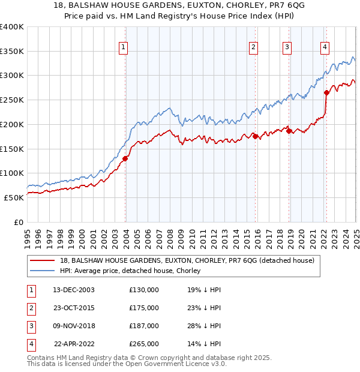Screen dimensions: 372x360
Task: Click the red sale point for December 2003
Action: pyautogui.click(x=125, y=158)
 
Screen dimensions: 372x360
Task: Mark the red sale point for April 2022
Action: pyautogui.click(x=326, y=92)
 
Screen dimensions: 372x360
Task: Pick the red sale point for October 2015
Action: pyautogui.click(x=255, y=136)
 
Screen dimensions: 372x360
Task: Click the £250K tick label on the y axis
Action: pyautogui.click(x=12, y=100)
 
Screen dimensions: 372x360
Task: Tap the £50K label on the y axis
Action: pyautogui.click(x=14, y=197)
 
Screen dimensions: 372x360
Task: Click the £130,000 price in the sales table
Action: pyautogui.click(x=143, y=290)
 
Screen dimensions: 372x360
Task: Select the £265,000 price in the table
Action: pyautogui.click(x=143, y=344)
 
